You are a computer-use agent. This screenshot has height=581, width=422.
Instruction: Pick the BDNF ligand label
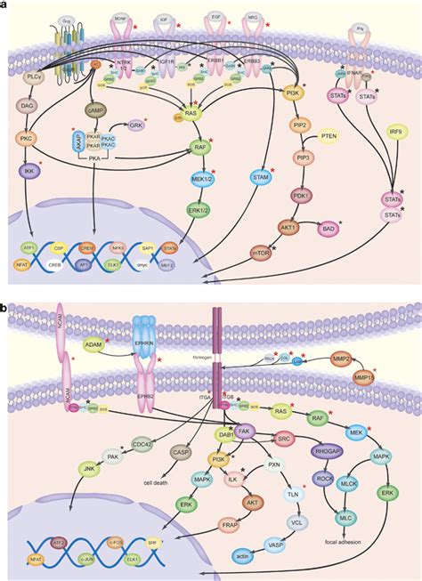tap(120, 18)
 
